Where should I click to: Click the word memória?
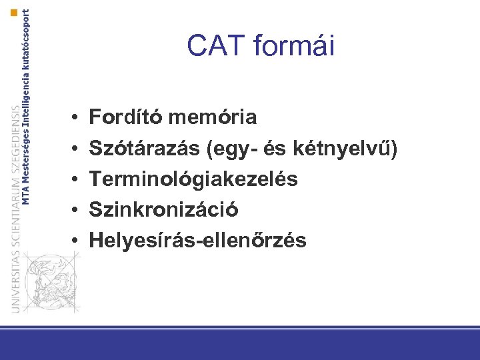coord(213,118)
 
